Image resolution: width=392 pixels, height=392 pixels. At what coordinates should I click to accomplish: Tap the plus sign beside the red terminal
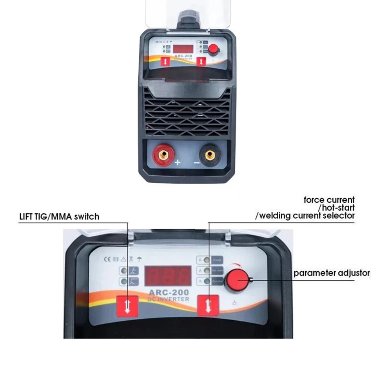tap(178, 162)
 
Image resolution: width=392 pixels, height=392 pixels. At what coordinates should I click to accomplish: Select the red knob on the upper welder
tap(214, 49)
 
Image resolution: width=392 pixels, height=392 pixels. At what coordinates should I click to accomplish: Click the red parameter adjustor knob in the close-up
tap(236, 279)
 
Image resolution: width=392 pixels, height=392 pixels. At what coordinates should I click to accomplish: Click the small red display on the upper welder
tap(183, 49)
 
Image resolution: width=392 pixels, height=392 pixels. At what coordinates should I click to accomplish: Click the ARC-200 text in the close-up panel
tap(169, 292)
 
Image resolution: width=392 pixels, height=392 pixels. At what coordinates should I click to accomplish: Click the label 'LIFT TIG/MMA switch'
tap(59, 216)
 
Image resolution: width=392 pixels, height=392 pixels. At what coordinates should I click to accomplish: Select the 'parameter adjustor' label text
tap(331, 273)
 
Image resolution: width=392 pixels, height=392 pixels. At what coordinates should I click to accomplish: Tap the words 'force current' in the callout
tap(329, 200)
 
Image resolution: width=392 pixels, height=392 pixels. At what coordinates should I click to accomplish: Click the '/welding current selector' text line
tap(305, 216)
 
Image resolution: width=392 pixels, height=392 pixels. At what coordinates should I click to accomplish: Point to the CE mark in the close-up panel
tap(106, 259)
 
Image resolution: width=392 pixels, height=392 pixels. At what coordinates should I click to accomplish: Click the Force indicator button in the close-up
tap(217, 260)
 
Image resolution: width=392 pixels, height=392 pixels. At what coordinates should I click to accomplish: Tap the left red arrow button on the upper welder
tap(165, 62)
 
